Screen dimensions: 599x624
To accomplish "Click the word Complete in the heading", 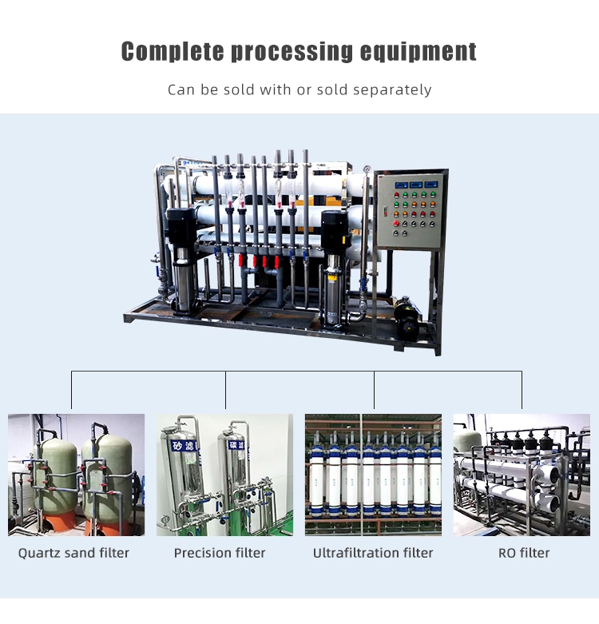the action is [x=173, y=51].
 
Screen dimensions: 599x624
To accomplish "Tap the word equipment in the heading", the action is [x=418, y=51].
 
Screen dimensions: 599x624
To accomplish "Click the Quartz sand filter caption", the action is [x=73, y=553].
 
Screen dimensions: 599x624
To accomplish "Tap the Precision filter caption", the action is [x=220, y=553].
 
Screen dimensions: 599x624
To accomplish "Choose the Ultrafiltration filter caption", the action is [x=373, y=553].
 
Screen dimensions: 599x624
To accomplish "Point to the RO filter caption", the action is [x=524, y=553].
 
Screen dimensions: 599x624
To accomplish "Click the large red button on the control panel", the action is [x=396, y=223].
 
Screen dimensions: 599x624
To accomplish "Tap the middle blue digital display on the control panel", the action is [x=415, y=185].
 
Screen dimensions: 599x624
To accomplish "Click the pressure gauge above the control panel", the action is [x=367, y=169].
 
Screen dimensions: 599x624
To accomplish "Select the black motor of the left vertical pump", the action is [x=181, y=228].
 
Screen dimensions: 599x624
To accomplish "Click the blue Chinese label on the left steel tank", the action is [x=184, y=446].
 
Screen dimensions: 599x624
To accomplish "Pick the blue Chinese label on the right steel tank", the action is [x=236, y=444].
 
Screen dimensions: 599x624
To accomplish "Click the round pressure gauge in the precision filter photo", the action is [x=165, y=519].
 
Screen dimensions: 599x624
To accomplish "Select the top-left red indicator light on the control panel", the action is [x=397, y=195].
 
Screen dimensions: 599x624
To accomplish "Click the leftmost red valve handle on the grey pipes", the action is [x=241, y=260].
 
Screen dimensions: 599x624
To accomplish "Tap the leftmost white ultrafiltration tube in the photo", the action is [x=318, y=475].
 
